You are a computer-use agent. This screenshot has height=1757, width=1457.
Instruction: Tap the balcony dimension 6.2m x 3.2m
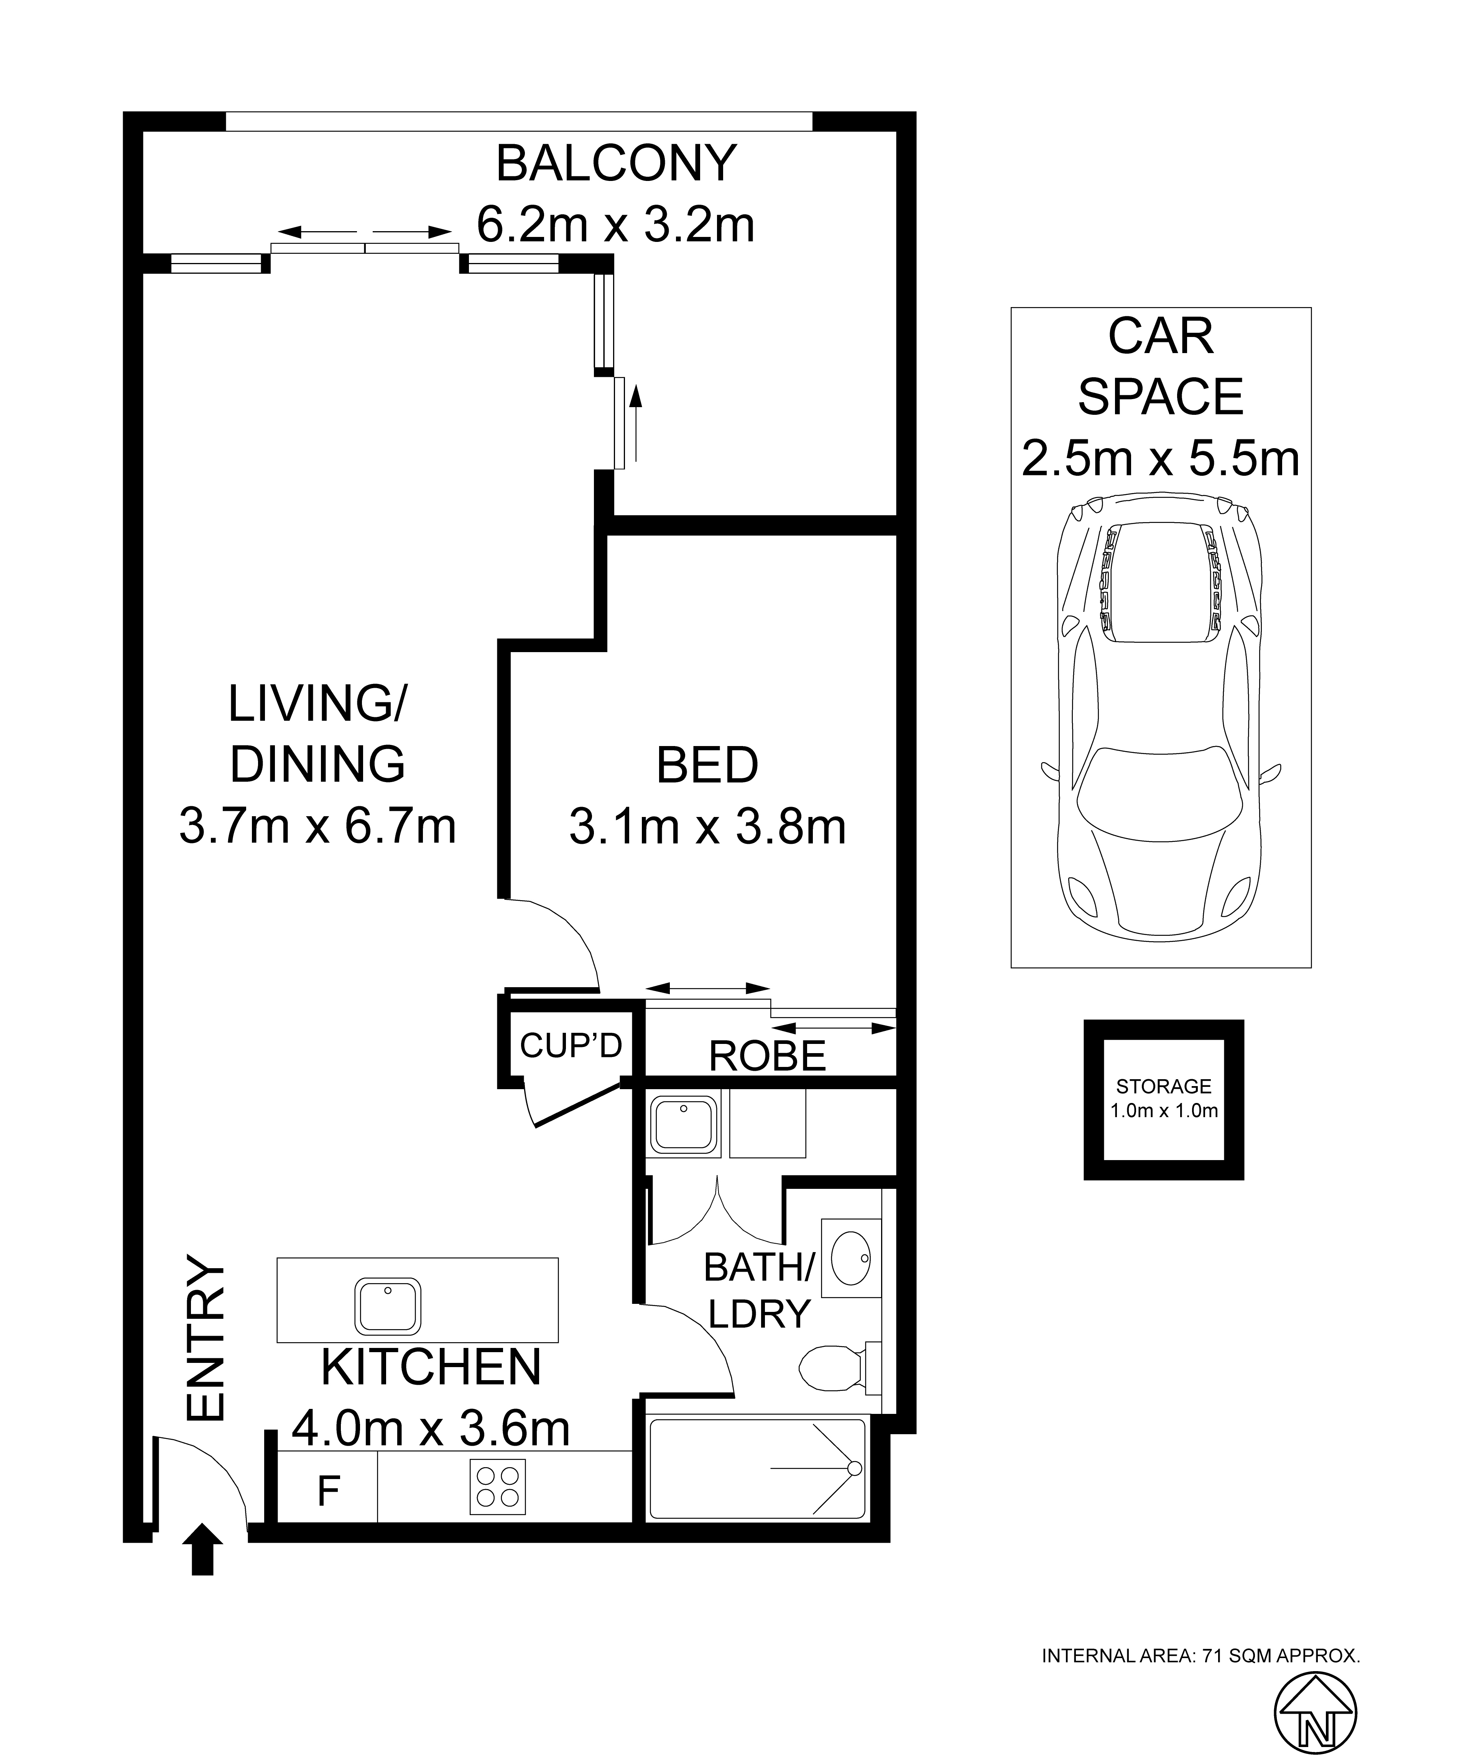tap(616, 224)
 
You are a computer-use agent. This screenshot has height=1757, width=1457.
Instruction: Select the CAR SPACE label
tap(1161, 367)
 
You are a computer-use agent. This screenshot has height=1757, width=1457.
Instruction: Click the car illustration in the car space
tap(1161, 717)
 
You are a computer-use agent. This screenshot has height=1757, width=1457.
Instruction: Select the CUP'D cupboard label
tap(571, 1045)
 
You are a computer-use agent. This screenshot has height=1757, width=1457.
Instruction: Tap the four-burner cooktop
tap(498, 1487)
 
